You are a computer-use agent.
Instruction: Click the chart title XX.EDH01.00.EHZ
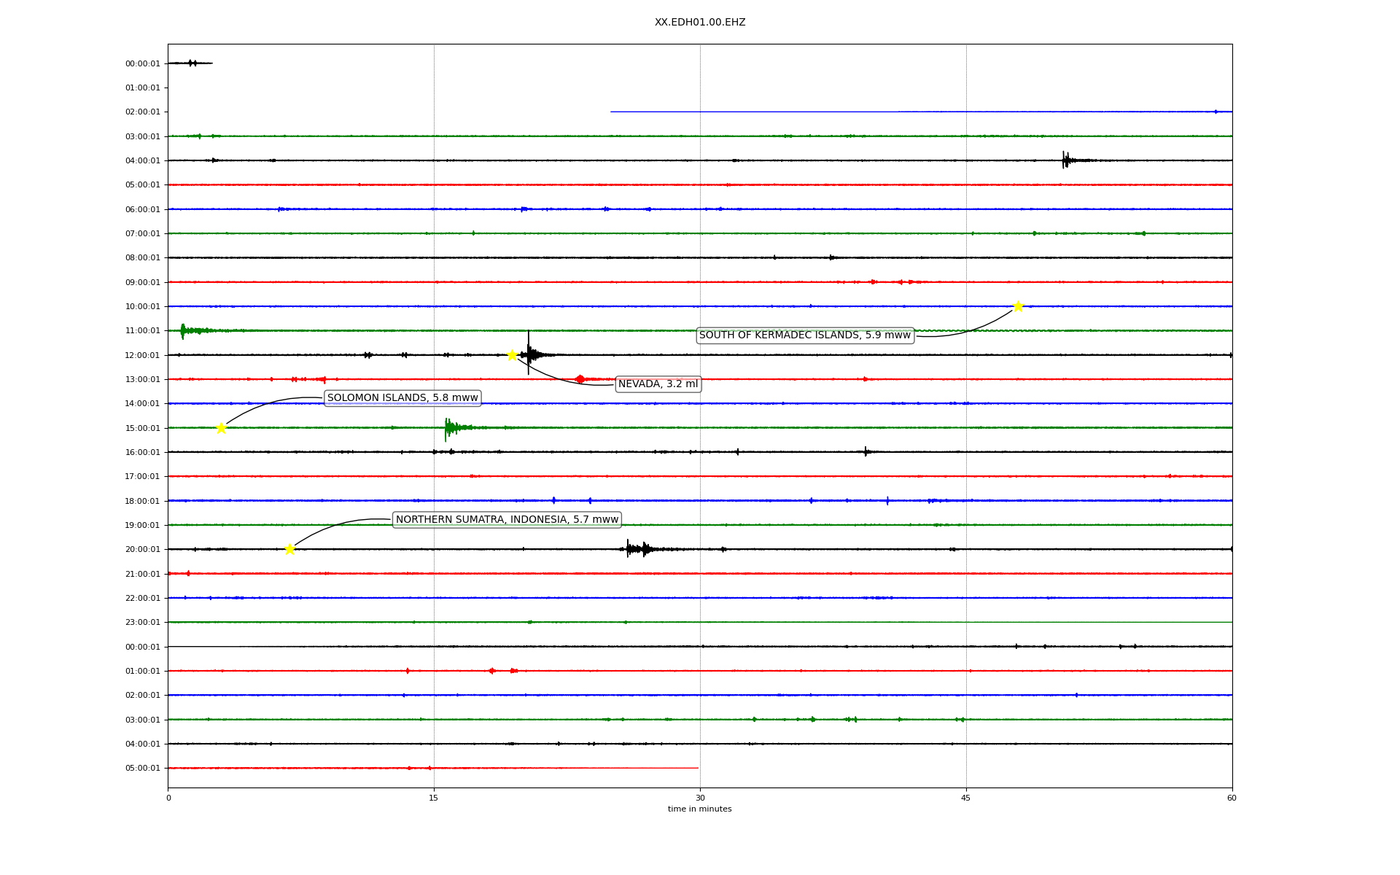tap(699, 23)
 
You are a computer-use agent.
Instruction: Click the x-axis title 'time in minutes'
tap(699, 809)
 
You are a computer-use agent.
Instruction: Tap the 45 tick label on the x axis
tap(966, 798)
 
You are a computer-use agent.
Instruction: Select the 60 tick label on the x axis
tap(1232, 798)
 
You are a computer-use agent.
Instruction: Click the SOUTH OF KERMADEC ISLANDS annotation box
tap(805, 335)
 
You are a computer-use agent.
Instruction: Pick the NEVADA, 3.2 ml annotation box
tap(658, 384)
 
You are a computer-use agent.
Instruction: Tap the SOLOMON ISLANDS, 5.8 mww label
tap(402, 398)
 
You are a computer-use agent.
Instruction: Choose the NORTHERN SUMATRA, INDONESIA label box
tap(507, 520)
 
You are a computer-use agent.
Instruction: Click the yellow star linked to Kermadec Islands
tap(1018, 306)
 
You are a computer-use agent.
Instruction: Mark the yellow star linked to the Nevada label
tap(512, 355)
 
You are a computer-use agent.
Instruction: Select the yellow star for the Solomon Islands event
tap(221, 428)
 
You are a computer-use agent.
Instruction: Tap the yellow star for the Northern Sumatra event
tap(289, 549)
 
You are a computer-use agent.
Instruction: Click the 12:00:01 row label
tap(142, 355)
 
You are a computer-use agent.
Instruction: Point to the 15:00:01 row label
tap(142, 428)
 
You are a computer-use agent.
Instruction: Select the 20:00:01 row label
tap(142, 549)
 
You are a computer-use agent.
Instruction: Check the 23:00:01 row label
tap(142, 622)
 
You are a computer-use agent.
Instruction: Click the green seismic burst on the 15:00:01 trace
tap(451, 427)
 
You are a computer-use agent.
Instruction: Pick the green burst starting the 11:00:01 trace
tap(185, 331)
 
